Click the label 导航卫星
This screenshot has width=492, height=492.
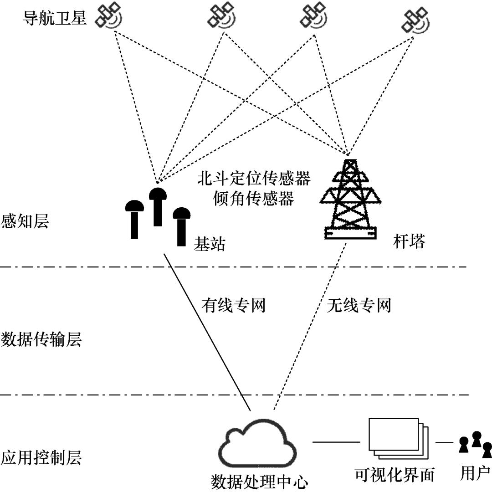click(55, 19)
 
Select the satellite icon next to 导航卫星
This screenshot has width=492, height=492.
click(108, 17)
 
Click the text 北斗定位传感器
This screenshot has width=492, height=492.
click(253, 178)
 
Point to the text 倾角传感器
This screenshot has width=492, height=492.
click(253, 198)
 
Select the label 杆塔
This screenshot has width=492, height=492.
click(409, 242)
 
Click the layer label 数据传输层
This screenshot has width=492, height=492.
click(41, 339)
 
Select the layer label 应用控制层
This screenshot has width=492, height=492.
click(41, 457)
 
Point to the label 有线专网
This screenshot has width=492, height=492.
click(233, 306)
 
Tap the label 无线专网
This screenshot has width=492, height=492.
click(359, 306)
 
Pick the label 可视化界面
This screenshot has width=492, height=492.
click(395, 476)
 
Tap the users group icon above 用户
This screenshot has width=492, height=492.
click(476, 444)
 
